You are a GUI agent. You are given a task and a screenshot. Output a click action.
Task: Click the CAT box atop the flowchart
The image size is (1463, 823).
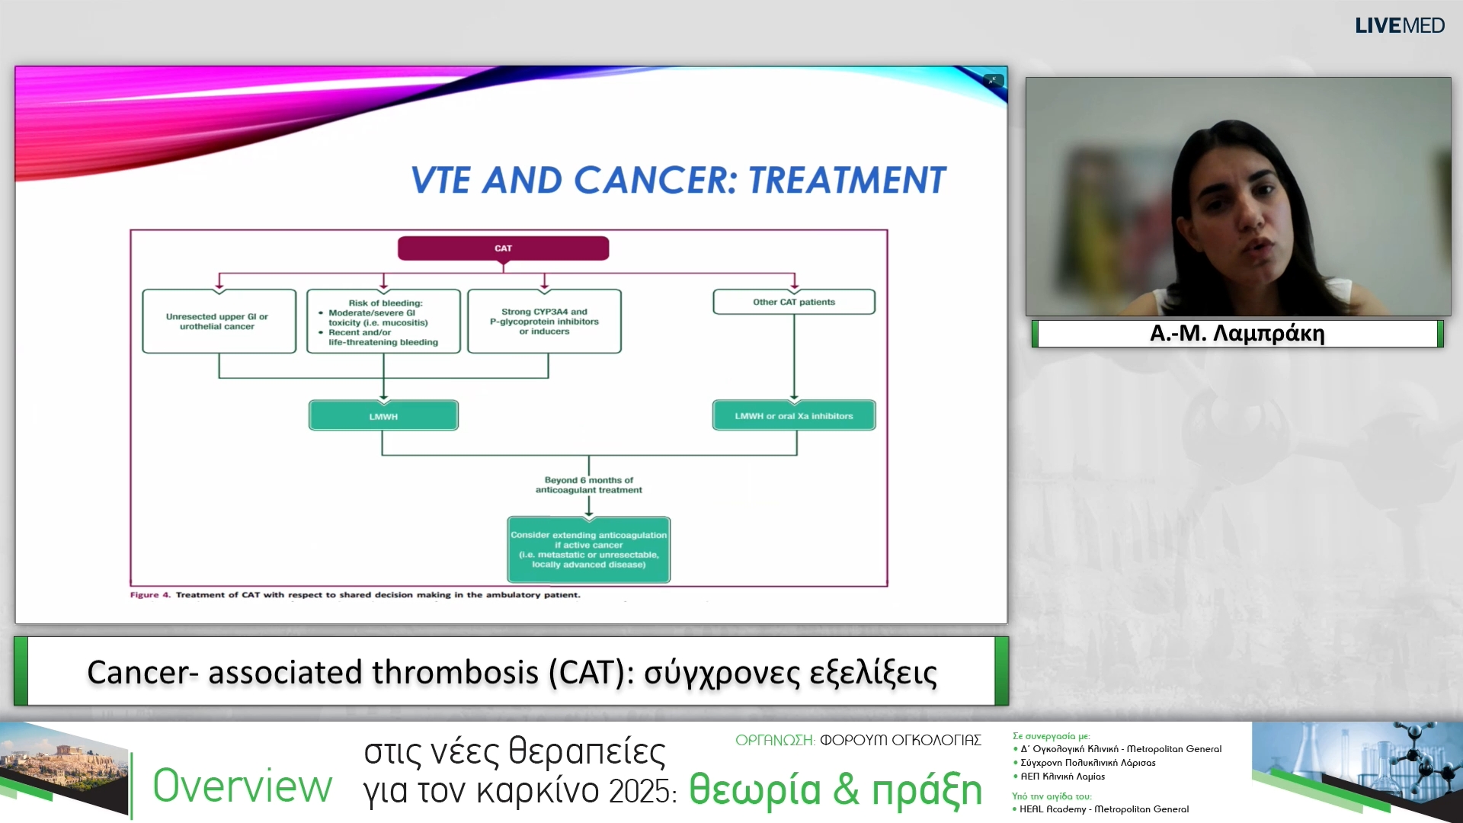click(503, 248)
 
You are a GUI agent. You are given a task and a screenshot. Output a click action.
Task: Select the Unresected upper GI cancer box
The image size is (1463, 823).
click(219, 322)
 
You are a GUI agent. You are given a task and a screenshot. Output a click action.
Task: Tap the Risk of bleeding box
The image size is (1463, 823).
click(383, 322)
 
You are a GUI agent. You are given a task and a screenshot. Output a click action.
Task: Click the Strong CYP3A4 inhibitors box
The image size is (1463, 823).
click(544, 322)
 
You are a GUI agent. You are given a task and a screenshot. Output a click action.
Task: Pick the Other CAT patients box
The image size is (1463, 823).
click(793, 302)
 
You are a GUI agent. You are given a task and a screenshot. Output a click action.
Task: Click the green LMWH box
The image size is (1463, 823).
click(383, 416)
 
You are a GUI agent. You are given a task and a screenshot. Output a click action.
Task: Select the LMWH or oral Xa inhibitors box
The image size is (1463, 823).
click(793, 416)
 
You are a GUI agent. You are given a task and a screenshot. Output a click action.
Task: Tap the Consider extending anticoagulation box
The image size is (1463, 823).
click(588, 549)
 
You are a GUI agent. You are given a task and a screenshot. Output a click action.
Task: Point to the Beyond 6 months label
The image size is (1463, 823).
click(588, 485)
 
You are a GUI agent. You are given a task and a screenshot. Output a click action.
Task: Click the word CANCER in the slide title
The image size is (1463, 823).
click(654, 181)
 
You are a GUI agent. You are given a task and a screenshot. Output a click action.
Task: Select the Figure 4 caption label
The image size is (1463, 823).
click(150, 595)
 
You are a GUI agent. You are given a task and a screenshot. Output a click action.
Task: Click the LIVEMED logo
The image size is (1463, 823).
click(1399, 26)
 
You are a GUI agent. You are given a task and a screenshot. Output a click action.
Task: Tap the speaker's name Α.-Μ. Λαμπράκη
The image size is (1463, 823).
click(1237, 334)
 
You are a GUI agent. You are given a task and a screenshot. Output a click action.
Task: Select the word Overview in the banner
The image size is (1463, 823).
click(242, 786)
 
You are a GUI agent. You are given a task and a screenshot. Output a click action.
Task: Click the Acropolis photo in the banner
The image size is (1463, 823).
click(65, 766)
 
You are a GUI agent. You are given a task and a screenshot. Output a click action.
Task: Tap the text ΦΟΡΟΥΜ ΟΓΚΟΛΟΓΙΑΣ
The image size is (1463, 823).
click(900, 740)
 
